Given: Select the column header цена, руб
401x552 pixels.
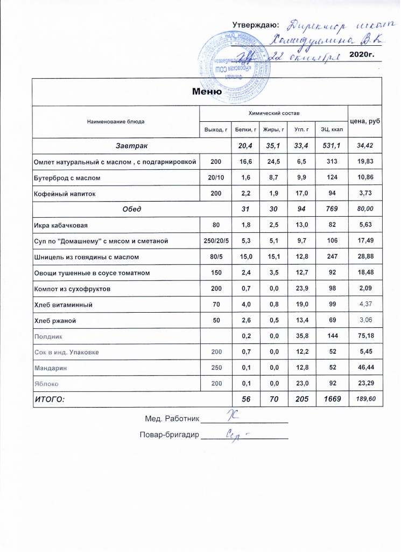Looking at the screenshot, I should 364,122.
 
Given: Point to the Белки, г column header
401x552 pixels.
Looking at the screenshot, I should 244,130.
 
